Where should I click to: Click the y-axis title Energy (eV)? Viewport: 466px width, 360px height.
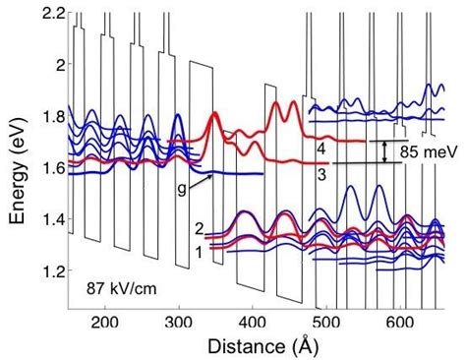point(17,160)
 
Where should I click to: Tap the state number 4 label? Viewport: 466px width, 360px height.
point(321,147)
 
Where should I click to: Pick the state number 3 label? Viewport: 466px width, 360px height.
point(321,172)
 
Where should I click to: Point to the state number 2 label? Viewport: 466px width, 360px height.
point(199,229)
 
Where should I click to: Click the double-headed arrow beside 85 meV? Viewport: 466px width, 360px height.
point(386,151)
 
